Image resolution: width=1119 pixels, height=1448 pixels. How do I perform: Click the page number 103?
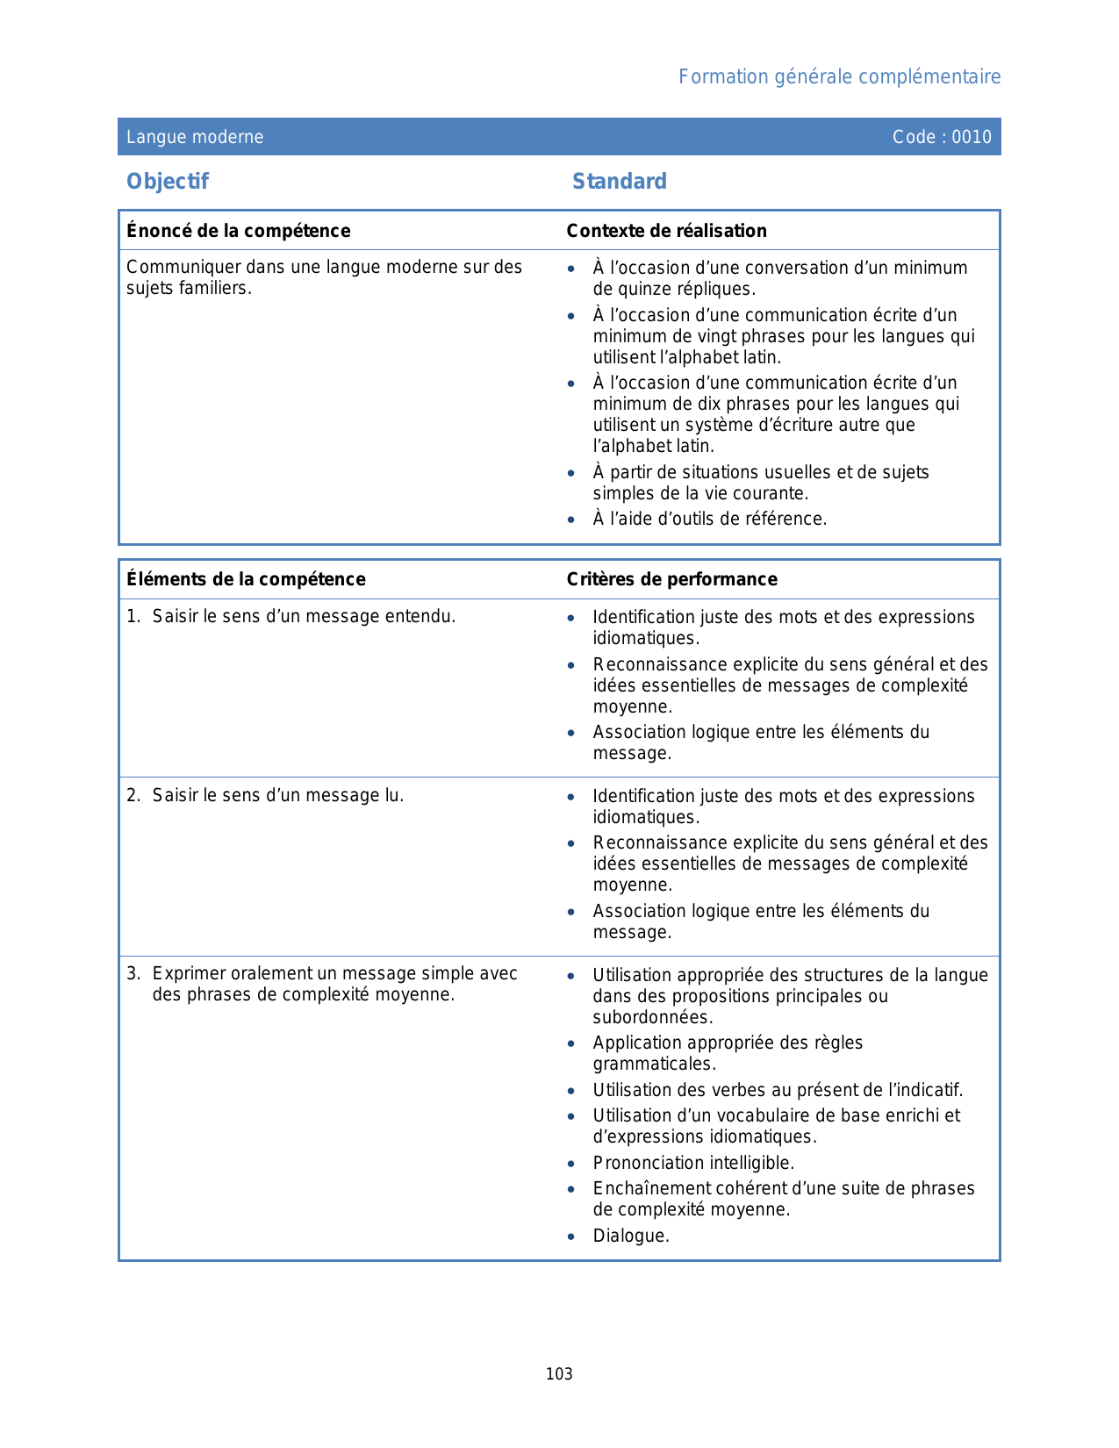pyautogui.click(x=559, y=1374)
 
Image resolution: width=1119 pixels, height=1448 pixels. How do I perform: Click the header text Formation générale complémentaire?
pyautogui.click(x=839, y=77)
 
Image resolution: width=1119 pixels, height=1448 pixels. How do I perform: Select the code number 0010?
pyautogui.click(x=972, y=137)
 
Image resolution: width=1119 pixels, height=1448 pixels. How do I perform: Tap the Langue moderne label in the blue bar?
pyautogui.click(x=195, y=137)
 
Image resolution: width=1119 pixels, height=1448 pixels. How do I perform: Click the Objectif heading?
pyautogui.click(x=168, y=182)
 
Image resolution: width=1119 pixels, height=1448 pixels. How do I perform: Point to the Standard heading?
pyautogui.click(x=620, y=182)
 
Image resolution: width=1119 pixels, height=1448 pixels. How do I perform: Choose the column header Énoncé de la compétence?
pyautogui.click(x=238, y=231)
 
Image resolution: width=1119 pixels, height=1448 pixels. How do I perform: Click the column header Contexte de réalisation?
pyautogui.click(x=666, y=231)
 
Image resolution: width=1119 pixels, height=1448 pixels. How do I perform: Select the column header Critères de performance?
pyautogui.click(x=671, y=579)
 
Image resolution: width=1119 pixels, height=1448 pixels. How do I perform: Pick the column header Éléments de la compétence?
pyautogui.click(x=246, y=579)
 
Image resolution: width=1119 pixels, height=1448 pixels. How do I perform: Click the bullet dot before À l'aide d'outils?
pyautogui.click(x=571, y=520)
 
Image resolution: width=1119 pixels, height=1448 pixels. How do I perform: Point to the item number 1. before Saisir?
pyautogui.click(x=133, y=617)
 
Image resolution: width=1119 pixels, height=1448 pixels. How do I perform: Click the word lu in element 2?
pyautogui.click(x=394, y=796)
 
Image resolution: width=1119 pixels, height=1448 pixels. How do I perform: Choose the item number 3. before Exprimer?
pyautogui.click(x=133, y=974)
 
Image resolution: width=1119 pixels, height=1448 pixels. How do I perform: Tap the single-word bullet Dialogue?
pyautogui.click(x=630, y=1237)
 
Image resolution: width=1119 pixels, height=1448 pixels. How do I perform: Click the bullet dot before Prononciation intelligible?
pyautogui.click(x=571, y=1165)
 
